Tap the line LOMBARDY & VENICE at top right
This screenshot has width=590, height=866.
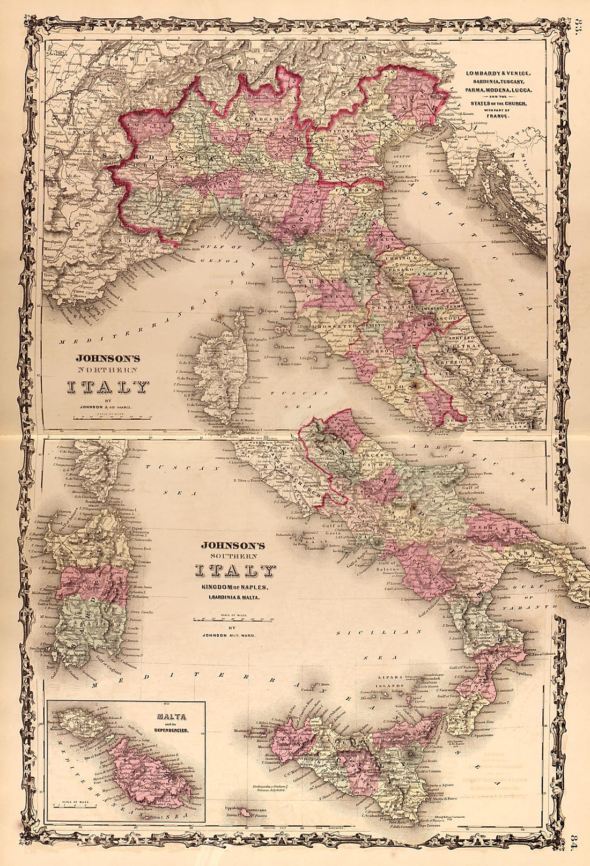click(x=497, y=73)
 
